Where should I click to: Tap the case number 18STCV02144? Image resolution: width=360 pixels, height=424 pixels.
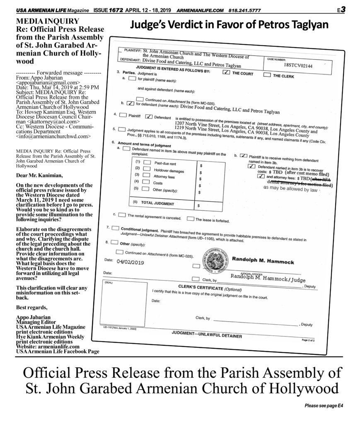point(298,65)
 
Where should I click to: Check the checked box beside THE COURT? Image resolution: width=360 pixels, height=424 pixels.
point(226,72)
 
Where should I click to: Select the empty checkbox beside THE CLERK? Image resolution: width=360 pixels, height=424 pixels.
point(267,75)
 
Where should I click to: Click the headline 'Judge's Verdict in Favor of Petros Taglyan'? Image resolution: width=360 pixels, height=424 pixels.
point(229,25)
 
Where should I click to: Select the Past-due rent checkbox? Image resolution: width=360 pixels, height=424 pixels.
point(147,162)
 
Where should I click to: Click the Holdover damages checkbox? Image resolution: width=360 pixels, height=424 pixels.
point(147,169)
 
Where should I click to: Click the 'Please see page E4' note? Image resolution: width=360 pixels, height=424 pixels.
point(324,406)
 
